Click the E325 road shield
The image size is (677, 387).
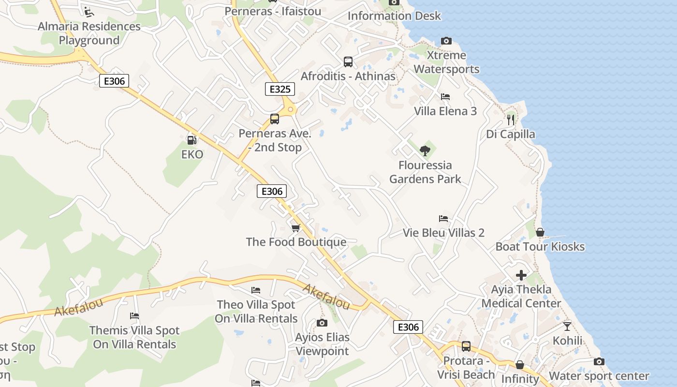[280, 89]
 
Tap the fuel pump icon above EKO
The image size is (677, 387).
[192, 140]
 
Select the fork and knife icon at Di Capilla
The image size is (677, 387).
[511, 119]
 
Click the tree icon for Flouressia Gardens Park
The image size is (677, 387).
[425, 150]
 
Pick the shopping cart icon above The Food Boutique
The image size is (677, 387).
[296, 227]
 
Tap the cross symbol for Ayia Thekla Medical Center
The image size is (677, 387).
[521, 275]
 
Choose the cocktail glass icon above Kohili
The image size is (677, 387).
[567, 326]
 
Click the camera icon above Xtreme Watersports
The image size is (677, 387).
[446, 41]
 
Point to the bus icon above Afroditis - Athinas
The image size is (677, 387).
[348, 61]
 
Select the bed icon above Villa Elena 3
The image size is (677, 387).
[445, 97]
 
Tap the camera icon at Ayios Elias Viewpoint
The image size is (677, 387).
[322, 323]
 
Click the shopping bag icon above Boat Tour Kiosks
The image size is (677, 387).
[540, 232]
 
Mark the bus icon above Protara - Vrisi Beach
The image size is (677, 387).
[466, 346]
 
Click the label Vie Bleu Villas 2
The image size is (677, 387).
[443, 233]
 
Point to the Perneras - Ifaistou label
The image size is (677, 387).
[273, 11]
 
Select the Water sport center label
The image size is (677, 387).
[599, 376]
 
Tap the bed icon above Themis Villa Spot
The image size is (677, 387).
[134, 316]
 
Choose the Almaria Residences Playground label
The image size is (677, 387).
[89, 33]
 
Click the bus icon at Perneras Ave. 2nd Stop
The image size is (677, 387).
[275, 119]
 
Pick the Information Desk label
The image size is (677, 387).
[394, 15]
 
